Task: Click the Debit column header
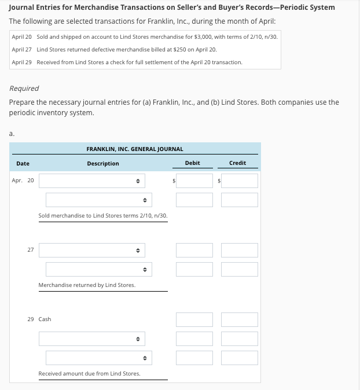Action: pyautogui.click(x=192, y=163)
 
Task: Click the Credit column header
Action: pyautogui.click(x=237, y=163)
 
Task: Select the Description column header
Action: pyautogui.click(x=103, y=164)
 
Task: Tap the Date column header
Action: pyautogui.click(x=23, y=164)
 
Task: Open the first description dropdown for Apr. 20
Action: pyautogui.click(x=92, y=181)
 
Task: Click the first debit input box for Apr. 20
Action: pyautogui.click(x=194, y=181)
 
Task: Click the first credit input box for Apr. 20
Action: pyautogui.click(x=240, y=181)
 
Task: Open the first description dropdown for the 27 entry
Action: pyautogui.click(x=92, y=251)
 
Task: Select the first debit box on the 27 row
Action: pyautogui.click(x=194, y=251)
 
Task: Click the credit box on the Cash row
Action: pyautogui.click(x=240, y=319)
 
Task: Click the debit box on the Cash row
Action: pyautogui.click(x=194, y=319)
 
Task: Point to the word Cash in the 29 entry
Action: pyautogui.click(x=45, y=319)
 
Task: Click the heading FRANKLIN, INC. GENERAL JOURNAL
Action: pyautogui.click(x=135, y=149)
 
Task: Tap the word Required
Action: pyautogui.click(x=24, y=89)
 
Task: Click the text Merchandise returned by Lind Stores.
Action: pyautogui.click(x=87, y=285)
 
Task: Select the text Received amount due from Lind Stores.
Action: pyautogui.click(x=89, y=374)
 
